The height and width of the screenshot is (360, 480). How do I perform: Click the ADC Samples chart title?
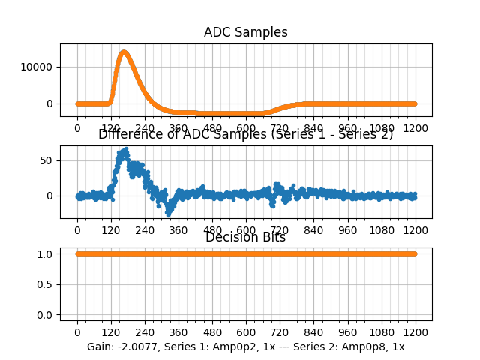point(245,33)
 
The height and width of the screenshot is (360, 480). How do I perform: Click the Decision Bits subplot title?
point(245,238)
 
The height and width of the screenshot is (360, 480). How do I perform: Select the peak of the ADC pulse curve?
point(124,52)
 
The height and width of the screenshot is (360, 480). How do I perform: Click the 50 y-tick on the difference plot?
point(46,160)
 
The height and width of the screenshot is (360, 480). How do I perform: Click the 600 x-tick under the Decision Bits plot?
point(246,333)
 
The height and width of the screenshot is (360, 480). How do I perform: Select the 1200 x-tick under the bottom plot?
point(415,333)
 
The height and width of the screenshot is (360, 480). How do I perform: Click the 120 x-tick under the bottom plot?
point(111,333)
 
